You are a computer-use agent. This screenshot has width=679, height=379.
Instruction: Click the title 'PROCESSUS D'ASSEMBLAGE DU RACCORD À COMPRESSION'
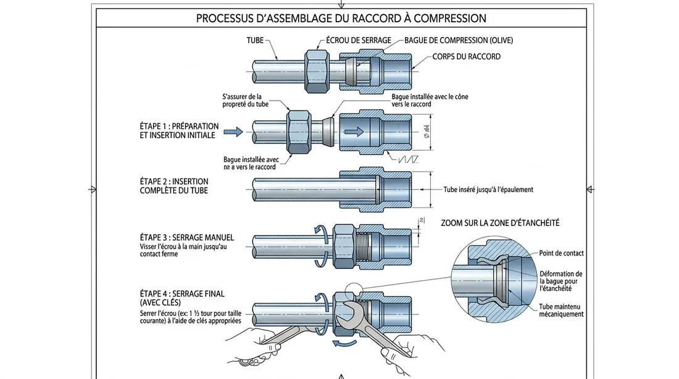[341, 19]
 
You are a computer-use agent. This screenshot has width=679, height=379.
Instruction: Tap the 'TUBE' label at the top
[255, 41]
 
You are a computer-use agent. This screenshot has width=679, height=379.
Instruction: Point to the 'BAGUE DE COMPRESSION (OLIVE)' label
[459, 41]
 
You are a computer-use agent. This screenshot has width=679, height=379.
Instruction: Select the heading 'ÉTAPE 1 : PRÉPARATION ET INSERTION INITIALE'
[178, 130]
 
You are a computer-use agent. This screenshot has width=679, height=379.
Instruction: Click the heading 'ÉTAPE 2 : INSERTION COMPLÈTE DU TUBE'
[174, 186]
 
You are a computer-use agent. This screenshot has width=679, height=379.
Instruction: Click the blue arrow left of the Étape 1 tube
[233, 132]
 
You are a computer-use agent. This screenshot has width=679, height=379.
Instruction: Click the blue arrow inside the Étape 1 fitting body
[354, 132]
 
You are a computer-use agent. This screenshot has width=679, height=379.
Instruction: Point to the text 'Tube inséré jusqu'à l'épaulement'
[488, 190]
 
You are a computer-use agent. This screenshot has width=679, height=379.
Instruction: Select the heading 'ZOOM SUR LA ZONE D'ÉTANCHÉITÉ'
[504, 222]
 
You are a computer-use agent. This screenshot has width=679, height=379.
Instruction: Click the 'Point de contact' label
[561, 253]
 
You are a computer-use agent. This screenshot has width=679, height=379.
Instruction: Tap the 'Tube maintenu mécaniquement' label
[561, 310]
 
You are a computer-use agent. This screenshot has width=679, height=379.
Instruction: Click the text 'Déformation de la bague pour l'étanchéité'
[560, 281]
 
